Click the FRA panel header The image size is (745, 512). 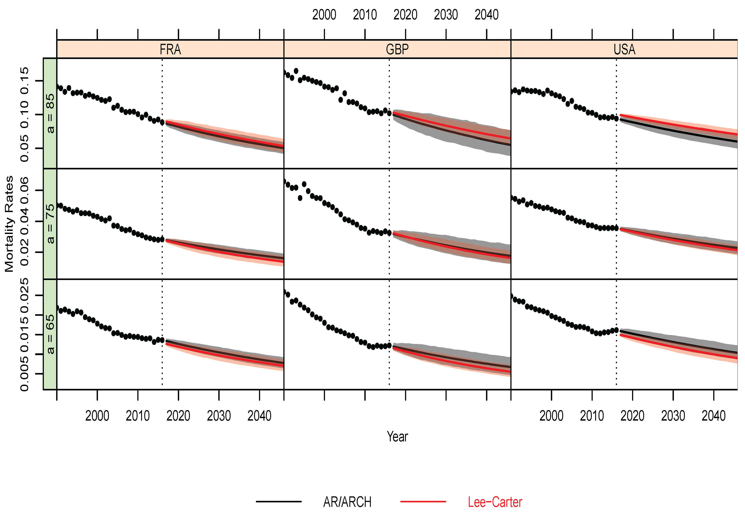click(x=170, y=49)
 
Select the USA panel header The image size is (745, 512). click(x=624, y=49)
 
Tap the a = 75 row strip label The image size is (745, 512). click(x=50, y=224)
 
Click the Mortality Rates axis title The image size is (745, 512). click(x=9, y=224)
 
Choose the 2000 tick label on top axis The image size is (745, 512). click(x=324, y=15)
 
